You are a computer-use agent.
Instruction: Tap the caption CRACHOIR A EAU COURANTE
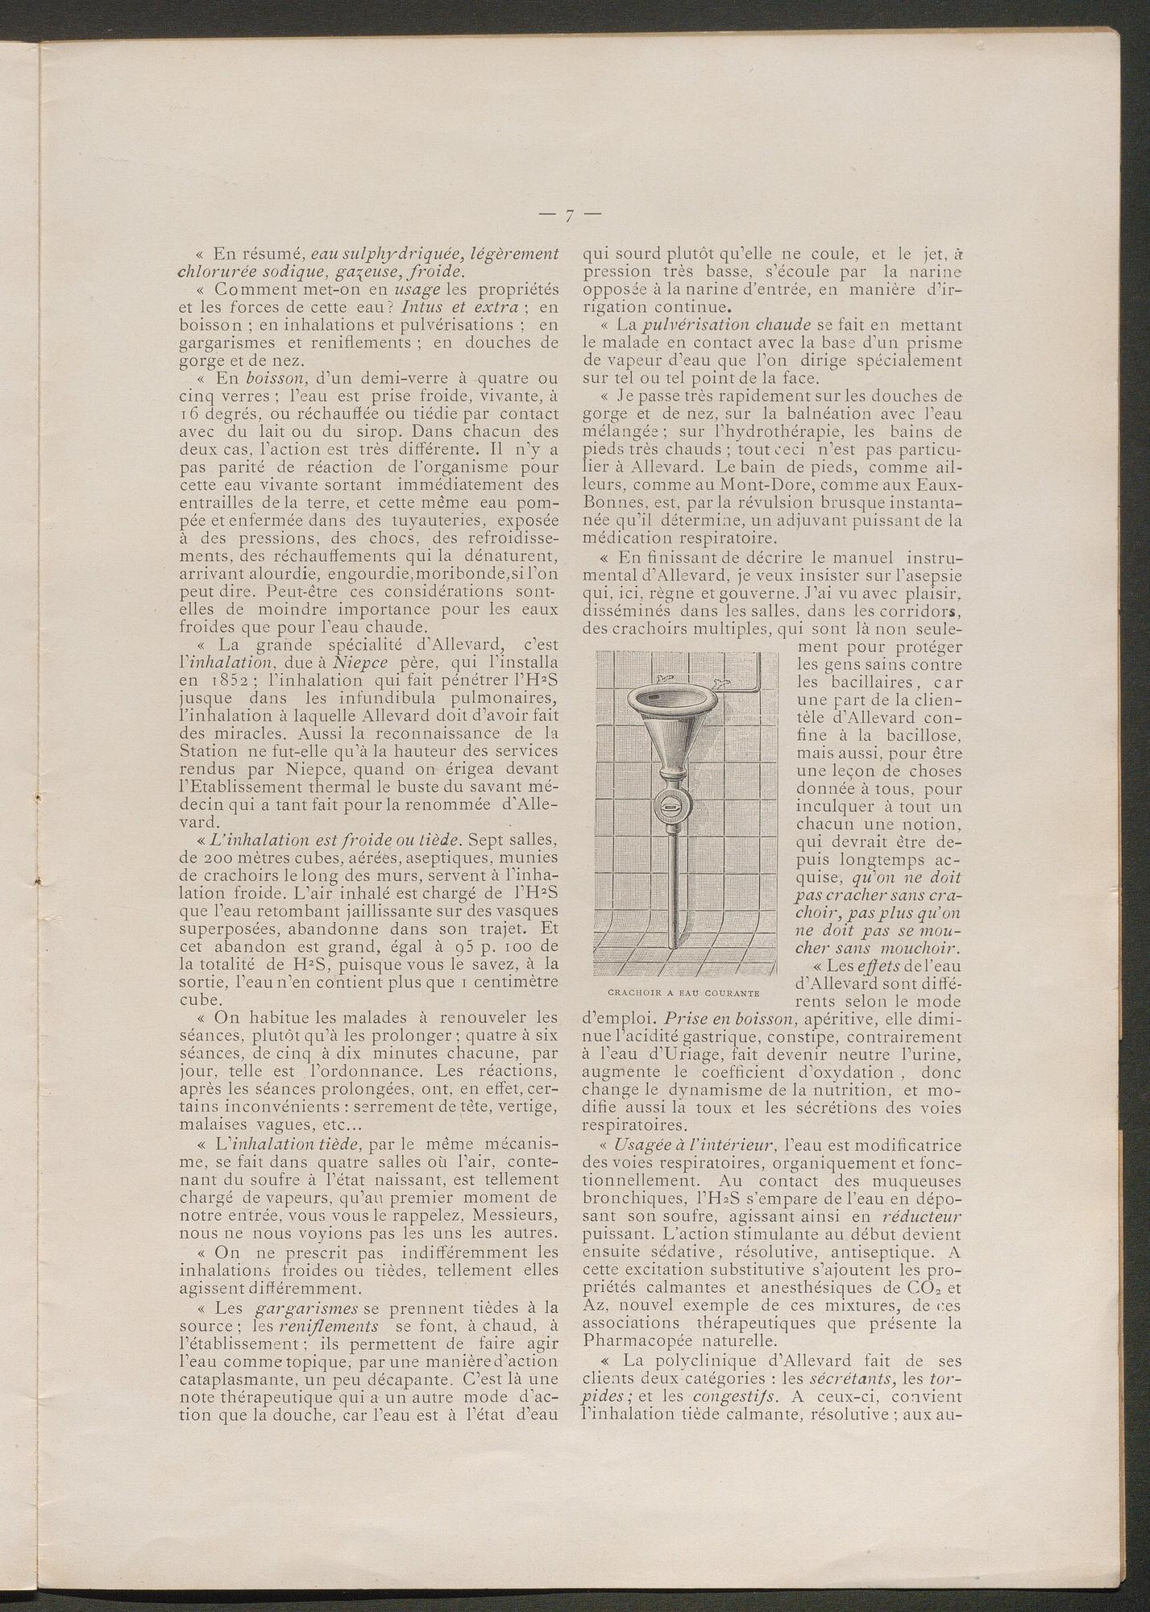pos(686,991)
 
